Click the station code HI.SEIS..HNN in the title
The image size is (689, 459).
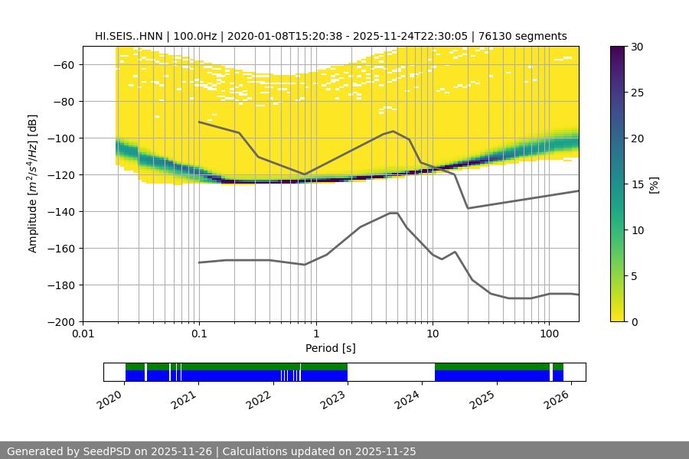coord(127,36)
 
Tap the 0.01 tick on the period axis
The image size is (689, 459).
coord(83,334)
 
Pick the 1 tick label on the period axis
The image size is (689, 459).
coord(315,334)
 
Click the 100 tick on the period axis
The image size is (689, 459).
coord(548,334)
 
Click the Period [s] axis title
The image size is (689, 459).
coord(331,348)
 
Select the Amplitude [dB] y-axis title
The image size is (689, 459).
coord(32,184)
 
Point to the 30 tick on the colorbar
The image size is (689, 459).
coord(637,47)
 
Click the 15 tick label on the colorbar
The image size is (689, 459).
coord(637,184)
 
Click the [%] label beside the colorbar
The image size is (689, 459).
coord(654,184)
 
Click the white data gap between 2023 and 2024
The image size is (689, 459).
coord(390,372)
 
